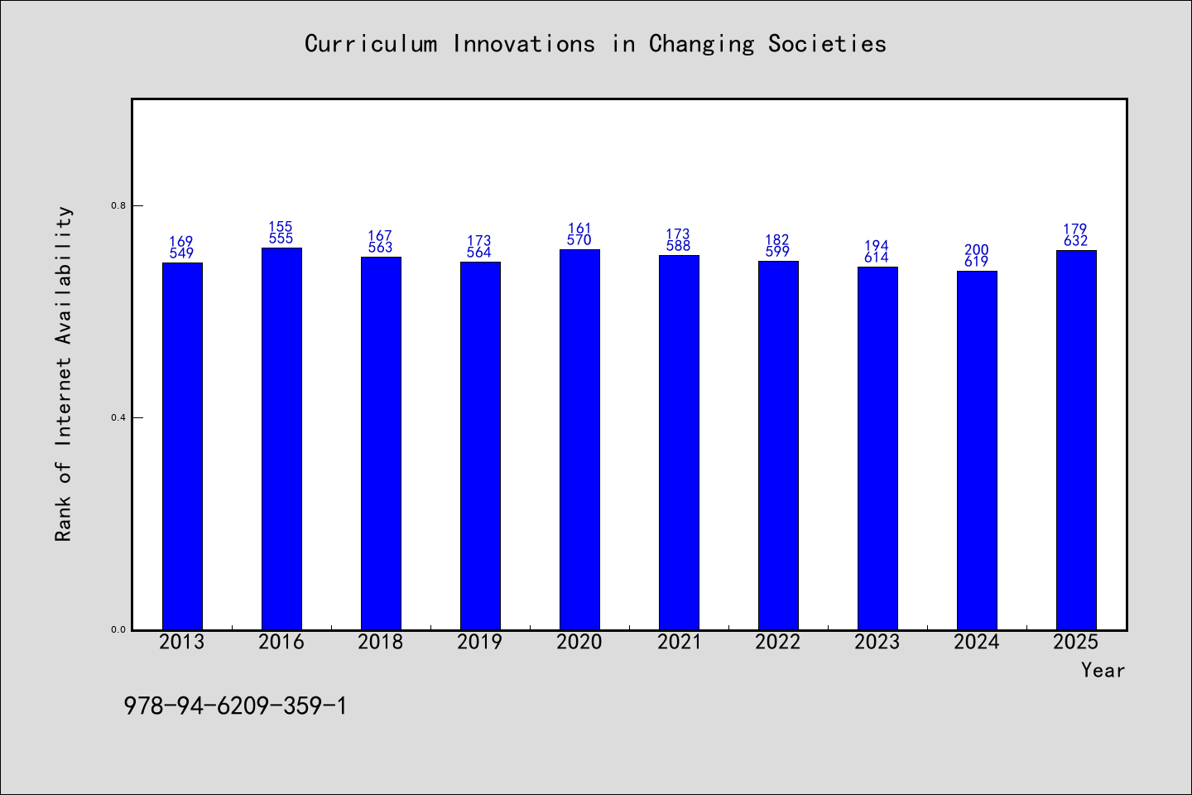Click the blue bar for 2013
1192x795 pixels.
coord(182,446)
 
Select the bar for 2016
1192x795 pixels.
coord(281,439)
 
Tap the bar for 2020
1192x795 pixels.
coord(579,440)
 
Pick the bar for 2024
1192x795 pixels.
coord(977,450)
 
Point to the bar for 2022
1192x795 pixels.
coord(778,446)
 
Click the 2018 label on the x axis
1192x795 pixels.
coord(381,642)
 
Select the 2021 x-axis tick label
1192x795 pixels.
coord(679,642)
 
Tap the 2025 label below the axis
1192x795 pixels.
coord(1076,642)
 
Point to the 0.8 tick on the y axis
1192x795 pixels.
coord(118,205)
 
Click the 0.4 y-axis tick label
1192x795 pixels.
coord(118,417)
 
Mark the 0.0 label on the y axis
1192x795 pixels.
coord(118,629)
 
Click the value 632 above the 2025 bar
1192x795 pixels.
coord(1075,241)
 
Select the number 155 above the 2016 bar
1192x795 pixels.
coord(281,226)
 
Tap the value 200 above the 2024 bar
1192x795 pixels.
coord(977,249)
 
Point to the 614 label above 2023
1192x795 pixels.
coord(877,258)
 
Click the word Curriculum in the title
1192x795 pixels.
coord(370,44)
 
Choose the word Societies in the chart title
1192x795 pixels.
coord(827,44)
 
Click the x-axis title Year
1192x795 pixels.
coord(1103,670)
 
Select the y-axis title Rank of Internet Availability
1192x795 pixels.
coord(63,373)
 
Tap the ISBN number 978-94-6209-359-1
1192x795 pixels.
coord(235,706)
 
